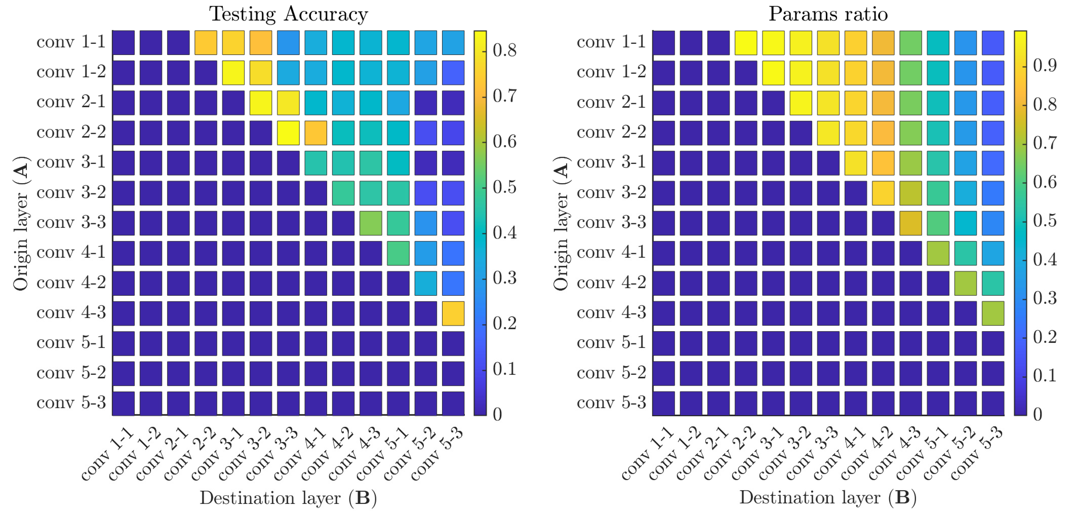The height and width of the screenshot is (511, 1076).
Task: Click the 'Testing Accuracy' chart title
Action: [288, 14]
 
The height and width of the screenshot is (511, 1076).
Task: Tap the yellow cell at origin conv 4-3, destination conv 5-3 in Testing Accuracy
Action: [453, 313]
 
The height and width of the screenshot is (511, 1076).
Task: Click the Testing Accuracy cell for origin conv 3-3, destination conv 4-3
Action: [371, 223]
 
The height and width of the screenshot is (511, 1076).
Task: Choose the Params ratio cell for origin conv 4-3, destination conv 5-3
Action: [993, 313]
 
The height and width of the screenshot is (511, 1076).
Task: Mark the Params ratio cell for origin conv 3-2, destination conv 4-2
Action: [883, 193]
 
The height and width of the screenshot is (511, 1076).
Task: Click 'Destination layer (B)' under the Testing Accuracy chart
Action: [288, 498]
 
